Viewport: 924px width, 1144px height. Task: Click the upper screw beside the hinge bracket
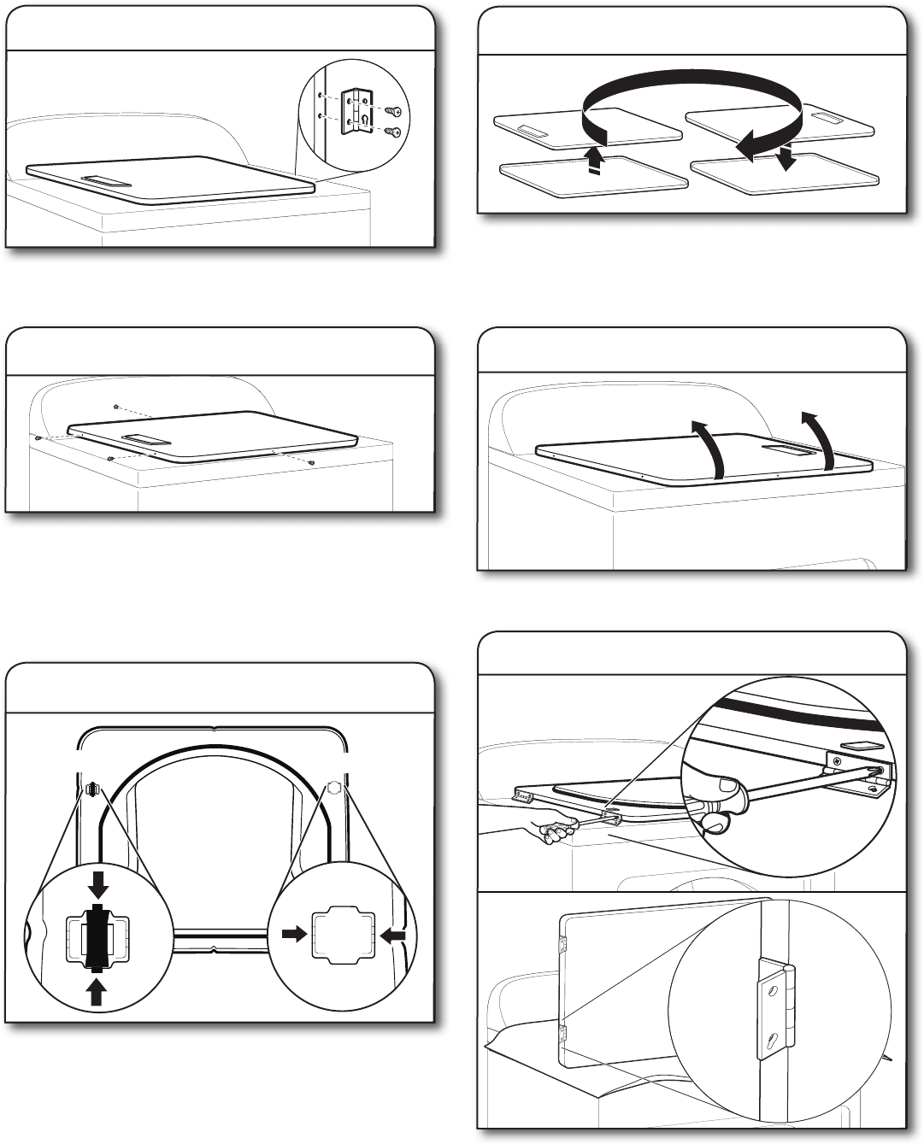394,111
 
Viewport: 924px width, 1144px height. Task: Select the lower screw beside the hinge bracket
393,132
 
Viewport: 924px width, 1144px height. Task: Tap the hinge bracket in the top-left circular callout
355,112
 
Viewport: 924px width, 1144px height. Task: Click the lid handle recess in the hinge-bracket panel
107,180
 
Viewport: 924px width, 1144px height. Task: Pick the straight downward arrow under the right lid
787,159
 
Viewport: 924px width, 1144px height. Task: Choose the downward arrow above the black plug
98,884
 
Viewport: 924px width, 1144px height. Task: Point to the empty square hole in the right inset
344,937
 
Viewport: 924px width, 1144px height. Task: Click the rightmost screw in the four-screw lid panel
314,463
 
